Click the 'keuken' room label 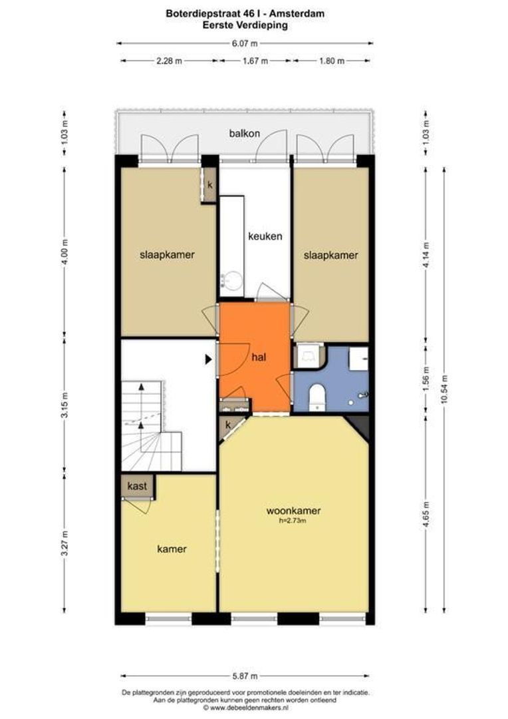(265, 236)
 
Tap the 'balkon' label (245, 133)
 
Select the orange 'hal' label (259, 358)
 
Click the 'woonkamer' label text (293, 511)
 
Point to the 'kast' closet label (137, 486)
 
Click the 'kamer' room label (172, 549)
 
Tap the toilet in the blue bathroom (317, 397)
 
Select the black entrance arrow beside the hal (208, 359)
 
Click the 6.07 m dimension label (244, 43)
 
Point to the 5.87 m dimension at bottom (244, 676)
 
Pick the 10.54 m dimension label (444, 389)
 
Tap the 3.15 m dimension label (64, 405)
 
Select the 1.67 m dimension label (255, 61)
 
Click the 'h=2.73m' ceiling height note (293, 521)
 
